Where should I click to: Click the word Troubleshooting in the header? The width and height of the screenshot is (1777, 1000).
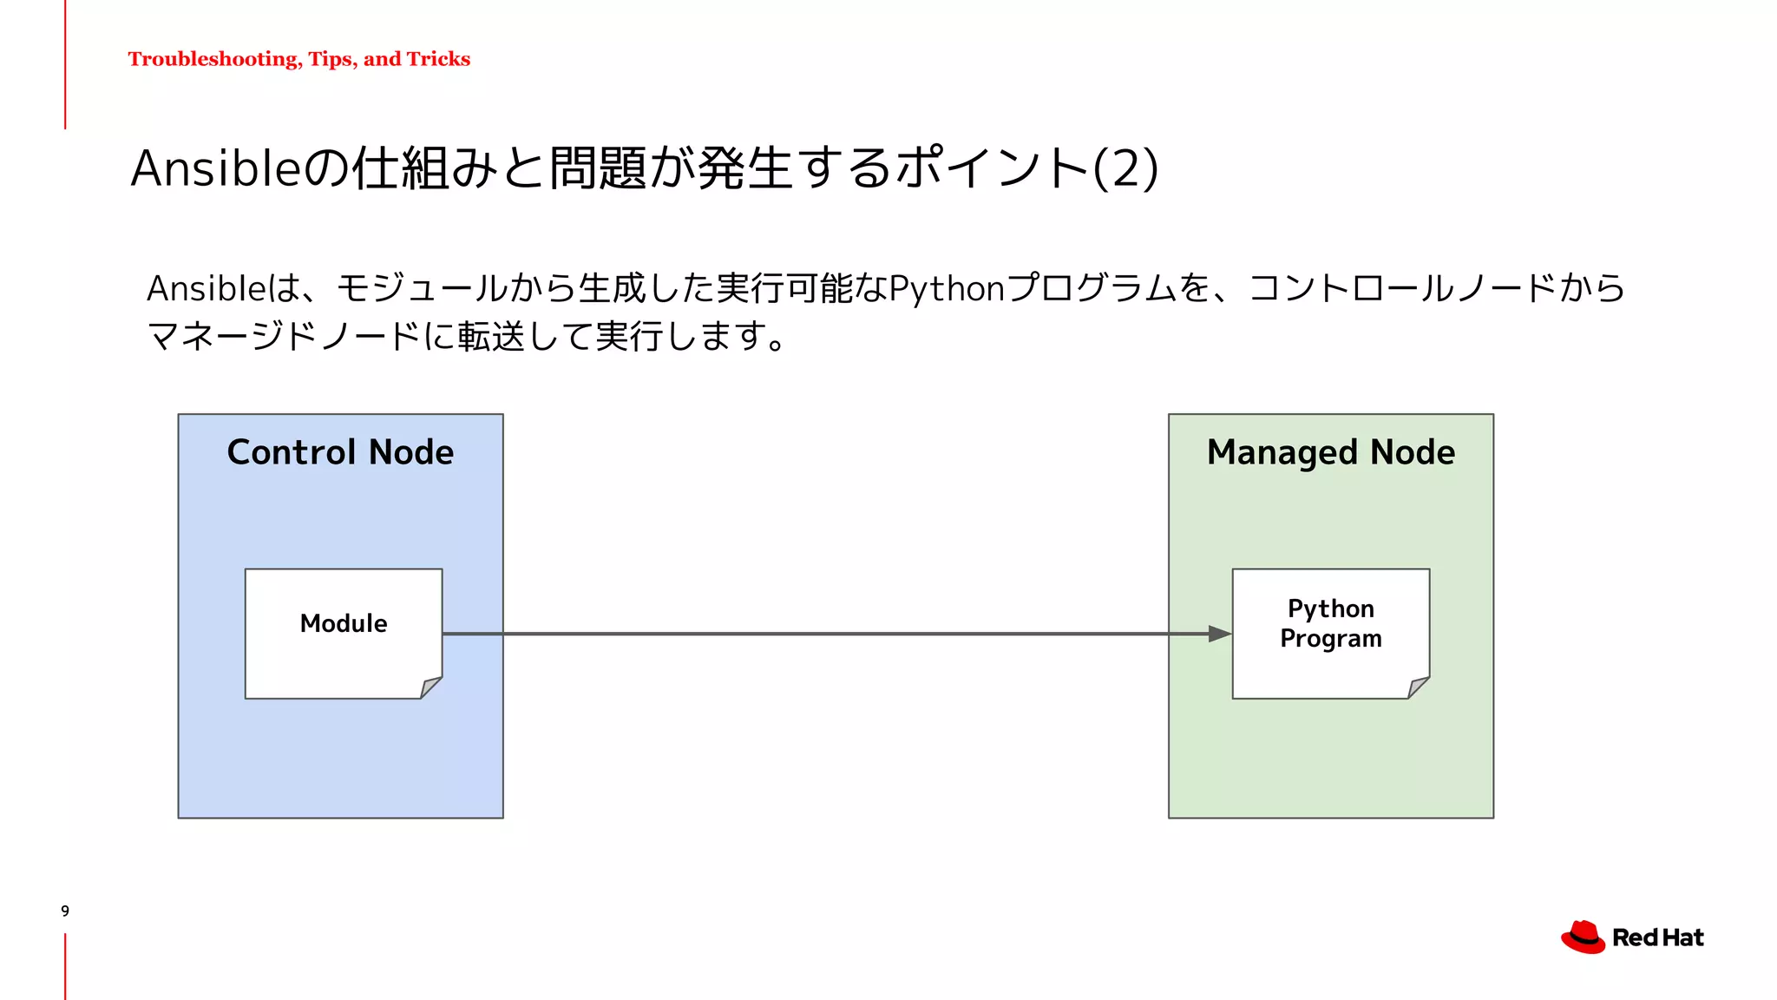(x=213, y=59)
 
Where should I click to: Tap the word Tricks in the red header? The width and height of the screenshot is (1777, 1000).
(x=438, y=59)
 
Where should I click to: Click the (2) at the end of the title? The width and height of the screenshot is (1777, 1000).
(x=1125, y=168)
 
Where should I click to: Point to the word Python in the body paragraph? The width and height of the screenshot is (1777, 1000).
(x=948, y=289)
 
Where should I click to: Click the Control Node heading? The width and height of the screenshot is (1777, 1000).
(x=340, y=452)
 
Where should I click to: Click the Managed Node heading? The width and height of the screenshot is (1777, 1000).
(x=1330, y=452)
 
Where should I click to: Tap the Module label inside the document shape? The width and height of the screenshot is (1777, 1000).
(x=344, y=623)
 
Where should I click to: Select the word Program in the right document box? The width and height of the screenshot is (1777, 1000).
(x=1330, y=639)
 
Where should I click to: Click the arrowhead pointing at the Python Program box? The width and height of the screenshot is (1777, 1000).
(x=1219, y=634)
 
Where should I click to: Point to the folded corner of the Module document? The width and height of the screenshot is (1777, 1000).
(x=430, y=687)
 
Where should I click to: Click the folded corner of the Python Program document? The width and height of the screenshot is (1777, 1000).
(x=1418, y=687)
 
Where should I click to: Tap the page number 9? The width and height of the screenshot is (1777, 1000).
(x=65, y=911)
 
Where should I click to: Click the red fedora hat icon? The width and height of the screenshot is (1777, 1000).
(x=1583, y=937)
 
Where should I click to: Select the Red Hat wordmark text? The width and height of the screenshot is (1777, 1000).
(x=1657, y=938)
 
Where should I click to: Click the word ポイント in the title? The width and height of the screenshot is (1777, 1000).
(x=992, y=168)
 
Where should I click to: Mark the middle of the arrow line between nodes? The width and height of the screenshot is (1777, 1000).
(x=836, y=634)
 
